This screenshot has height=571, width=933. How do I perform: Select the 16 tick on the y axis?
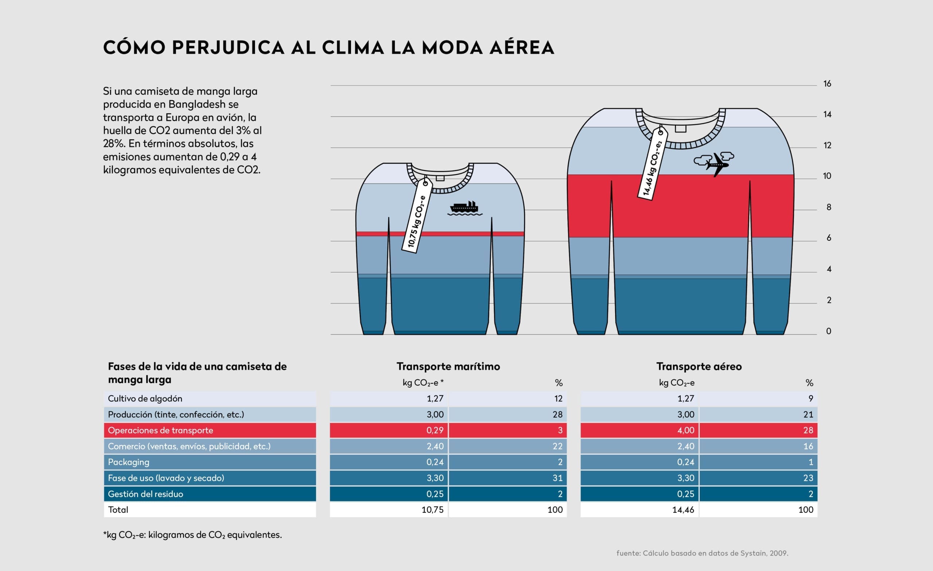pos(827,84)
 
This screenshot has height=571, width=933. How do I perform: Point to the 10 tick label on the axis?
pos(827,176)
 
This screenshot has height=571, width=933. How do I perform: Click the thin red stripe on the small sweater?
pos(440,234)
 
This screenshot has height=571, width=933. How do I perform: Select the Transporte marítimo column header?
pos(448,367)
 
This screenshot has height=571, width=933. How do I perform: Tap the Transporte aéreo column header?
pos(699,367)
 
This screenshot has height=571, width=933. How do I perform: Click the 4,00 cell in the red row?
pos(686,430)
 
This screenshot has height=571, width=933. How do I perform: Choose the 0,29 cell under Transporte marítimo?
pos(435,430)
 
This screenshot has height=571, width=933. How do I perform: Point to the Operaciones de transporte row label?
pos(161,430)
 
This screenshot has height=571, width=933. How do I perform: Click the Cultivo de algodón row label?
pos(145,398)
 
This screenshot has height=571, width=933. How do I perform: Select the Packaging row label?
pos(128,462)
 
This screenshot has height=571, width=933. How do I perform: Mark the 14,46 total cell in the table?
pos(683,510)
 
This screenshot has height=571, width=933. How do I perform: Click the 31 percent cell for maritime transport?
pos(557,478)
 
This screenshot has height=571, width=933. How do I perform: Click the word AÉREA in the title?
pos(522,48)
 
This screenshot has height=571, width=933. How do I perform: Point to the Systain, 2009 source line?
pos(702,553)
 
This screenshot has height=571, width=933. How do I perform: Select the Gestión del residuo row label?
pos(145,494)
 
